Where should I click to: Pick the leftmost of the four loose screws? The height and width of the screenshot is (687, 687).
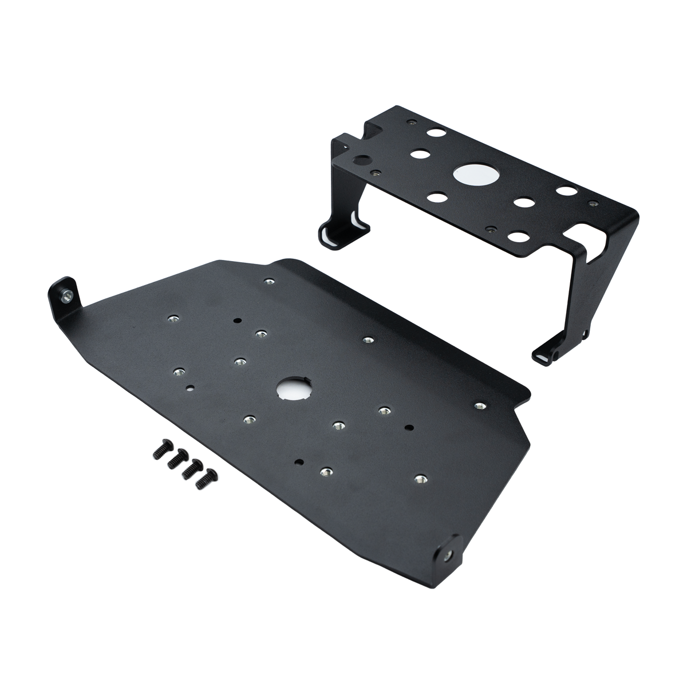(x=158, y=452)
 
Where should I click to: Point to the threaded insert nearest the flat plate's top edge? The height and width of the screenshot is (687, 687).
(x=269, y=281)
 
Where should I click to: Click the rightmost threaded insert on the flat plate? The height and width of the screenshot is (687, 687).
(x=480, y=406)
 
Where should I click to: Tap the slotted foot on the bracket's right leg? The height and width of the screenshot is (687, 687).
(x=545, y=355)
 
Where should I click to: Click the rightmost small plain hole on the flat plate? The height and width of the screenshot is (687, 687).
(x=408, y=427)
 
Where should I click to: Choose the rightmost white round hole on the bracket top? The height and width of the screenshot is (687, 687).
(x=567, y=191)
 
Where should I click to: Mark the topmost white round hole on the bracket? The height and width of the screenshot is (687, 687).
(x=440, y=132)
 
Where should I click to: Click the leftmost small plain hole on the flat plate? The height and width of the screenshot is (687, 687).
(x=191, y=388)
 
